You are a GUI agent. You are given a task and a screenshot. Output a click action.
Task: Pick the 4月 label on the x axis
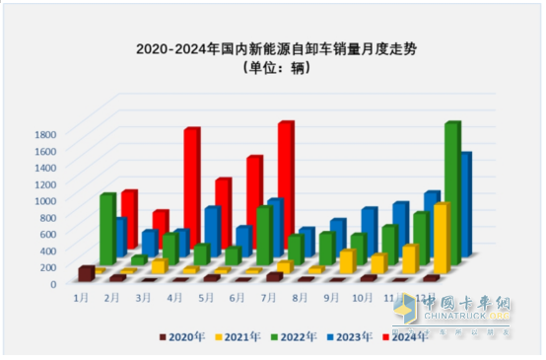point(178,294)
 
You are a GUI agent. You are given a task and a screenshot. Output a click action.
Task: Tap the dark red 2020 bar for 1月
point(86,273)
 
